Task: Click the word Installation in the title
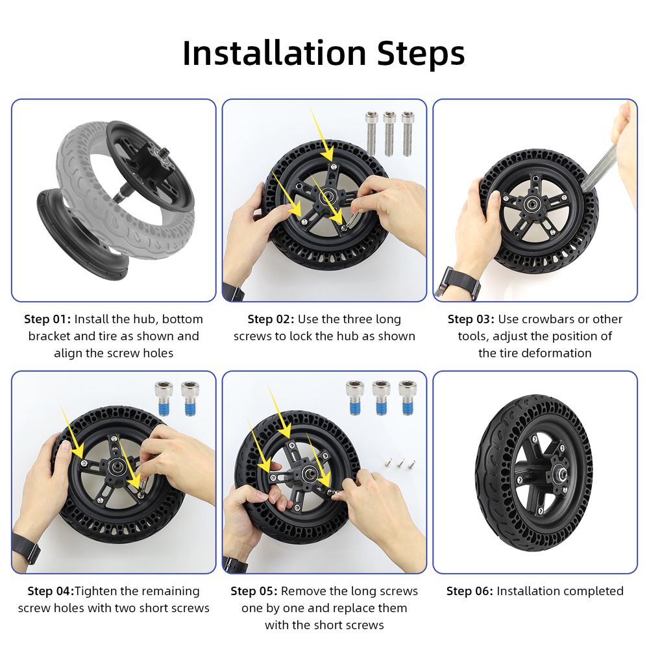(275, 53)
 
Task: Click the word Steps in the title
(421, 54)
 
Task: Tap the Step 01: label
(47, 319)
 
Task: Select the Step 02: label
(271, 319)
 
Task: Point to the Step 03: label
(471, 319)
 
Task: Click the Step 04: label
(51, 591)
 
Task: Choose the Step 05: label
(254, 591)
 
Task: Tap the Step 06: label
(470, 591)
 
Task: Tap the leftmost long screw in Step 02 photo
(372, 132)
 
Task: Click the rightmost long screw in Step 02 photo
(408, 133)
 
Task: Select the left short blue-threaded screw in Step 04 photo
(164, 398)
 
